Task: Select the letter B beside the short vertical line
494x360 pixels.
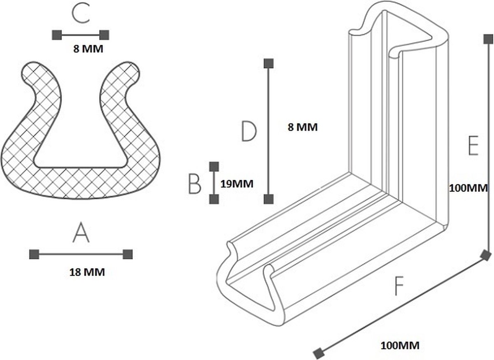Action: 194,183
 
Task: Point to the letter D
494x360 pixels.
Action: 249,131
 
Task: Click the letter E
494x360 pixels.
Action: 473,146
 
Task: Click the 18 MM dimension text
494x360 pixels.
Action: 87,272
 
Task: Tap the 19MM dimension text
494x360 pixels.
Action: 237,183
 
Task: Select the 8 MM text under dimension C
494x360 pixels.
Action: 88,49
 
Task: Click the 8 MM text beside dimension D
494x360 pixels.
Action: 303,128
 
